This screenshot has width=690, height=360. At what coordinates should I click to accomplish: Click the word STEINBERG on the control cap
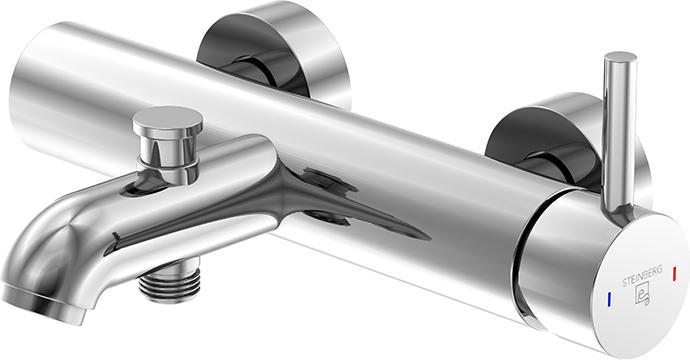(642, 276)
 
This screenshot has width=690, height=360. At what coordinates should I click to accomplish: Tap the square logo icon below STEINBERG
(643, 294)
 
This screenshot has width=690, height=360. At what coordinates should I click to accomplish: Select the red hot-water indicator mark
(675, 272)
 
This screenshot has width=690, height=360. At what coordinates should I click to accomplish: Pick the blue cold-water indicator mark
(609, 300)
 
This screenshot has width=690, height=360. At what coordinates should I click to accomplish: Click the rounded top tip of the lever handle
(620, 57)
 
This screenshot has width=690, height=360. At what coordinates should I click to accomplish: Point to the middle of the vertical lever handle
(620, 132)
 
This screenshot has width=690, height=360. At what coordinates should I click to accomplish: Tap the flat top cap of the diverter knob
(168, 118)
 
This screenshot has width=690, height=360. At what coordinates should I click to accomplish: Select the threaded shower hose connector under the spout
(169, 282)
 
